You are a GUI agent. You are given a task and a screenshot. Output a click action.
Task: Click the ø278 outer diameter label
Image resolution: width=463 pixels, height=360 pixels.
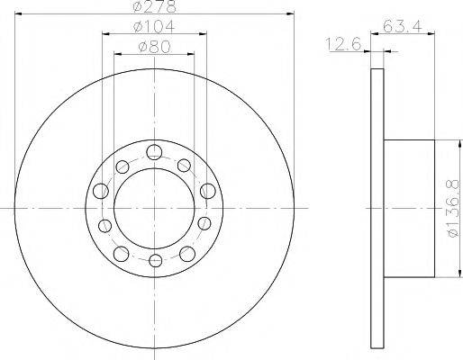(x=155, y=6)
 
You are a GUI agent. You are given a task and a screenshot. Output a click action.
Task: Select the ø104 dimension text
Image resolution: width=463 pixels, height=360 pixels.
(x=154, y=27)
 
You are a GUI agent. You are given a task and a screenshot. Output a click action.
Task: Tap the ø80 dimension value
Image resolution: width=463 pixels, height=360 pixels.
(x=154, y=47)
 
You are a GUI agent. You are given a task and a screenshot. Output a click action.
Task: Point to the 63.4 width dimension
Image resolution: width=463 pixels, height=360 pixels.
(x=403, y=26)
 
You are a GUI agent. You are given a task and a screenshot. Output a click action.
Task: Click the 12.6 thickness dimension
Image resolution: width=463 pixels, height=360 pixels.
(x=343, y=45)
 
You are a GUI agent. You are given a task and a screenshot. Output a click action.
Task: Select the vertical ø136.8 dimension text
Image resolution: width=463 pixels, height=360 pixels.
(x=453, y=209)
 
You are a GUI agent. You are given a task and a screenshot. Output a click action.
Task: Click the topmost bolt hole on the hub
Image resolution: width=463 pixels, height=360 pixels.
(x=154, y=152)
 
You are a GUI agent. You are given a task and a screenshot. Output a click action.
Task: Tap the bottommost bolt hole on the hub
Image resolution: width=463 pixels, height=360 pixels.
(x=155, y=260)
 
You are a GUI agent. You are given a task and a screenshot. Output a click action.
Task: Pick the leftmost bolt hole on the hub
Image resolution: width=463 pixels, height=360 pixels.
(x=101, y=191)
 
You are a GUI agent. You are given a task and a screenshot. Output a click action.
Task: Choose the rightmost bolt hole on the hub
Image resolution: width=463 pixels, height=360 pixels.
(x=208, y=191)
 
